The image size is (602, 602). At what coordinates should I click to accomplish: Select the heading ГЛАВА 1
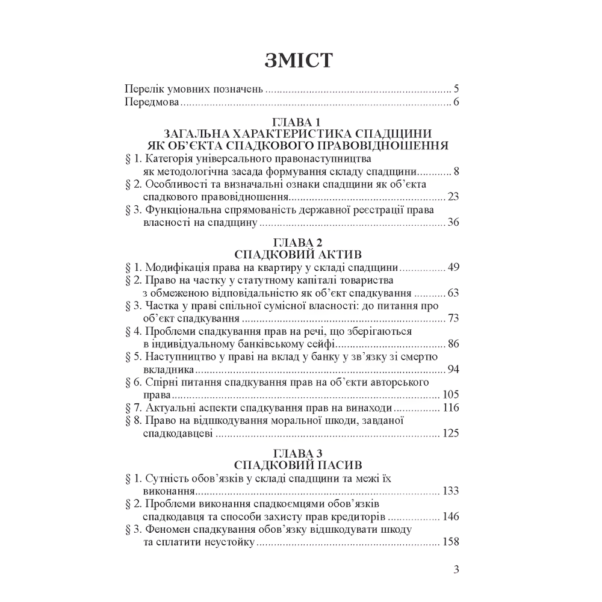[x=299, y=123]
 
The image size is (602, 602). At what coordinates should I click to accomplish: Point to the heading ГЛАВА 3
[x=299, y=452]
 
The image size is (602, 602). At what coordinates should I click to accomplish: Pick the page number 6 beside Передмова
[x=457, y=102]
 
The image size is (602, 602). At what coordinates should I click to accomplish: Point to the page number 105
[x=450, y=395]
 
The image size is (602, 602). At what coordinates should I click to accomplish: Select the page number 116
[x=450, y=408]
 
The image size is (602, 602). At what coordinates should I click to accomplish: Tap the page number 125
[x=450, y=433]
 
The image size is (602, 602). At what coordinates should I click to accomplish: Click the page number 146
[x=450, y=517]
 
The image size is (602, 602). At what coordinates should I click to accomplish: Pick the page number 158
[x=450, y=542]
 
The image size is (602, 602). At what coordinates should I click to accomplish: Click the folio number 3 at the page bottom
[x=457, y=569]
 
